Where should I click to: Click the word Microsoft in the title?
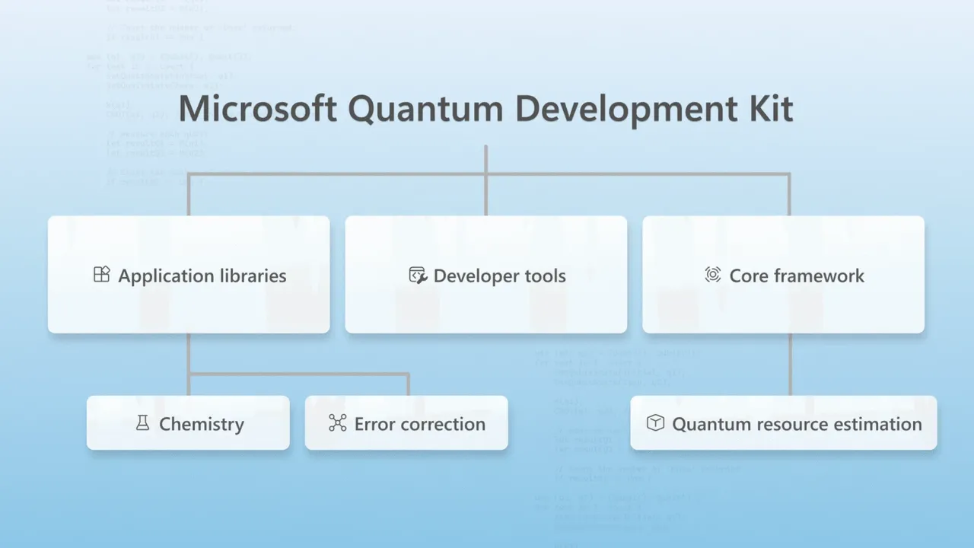[x=257, y=109]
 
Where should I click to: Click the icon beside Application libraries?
[x=101, y=275]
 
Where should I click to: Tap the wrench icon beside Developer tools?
[x=418, y=275]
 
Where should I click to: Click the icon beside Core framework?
[x=712, y=275]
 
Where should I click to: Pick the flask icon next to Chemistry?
[x=142, y=423]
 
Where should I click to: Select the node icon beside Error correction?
[x=337, y=423]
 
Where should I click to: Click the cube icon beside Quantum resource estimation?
[x=655, y=422]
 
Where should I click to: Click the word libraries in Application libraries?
[x=248, y=276]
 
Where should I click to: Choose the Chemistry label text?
[x=201, y=424]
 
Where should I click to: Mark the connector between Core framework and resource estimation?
[x=789, y=364]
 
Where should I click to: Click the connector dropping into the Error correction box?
[x=408, y=384]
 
